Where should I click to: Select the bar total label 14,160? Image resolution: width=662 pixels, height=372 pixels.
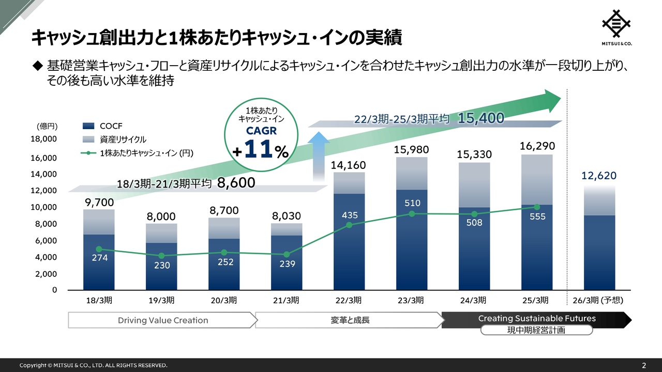coord(349,165)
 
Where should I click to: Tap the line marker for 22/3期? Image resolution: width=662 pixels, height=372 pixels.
coord(349,225)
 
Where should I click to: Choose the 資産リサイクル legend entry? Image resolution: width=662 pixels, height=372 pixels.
coord(114,139)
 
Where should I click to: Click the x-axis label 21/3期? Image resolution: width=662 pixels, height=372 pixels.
coord(286,300)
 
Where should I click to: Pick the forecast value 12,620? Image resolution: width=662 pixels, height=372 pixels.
coord(599,176)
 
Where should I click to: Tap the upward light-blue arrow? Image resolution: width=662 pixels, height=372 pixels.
coord(321,155)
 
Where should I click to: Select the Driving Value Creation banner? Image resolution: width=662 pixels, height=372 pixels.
coord(163,320)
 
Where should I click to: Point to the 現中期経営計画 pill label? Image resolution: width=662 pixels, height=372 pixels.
coord(536,330)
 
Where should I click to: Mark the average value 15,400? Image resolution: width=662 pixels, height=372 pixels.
coord(480,118)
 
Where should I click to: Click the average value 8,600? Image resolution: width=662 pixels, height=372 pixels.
coord(236,182)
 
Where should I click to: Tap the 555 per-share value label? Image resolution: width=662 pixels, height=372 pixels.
coord(537,217)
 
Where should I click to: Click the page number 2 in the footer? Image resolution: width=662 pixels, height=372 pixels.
coord(644,365)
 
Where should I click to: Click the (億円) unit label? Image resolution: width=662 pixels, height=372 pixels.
coord(47,126)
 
